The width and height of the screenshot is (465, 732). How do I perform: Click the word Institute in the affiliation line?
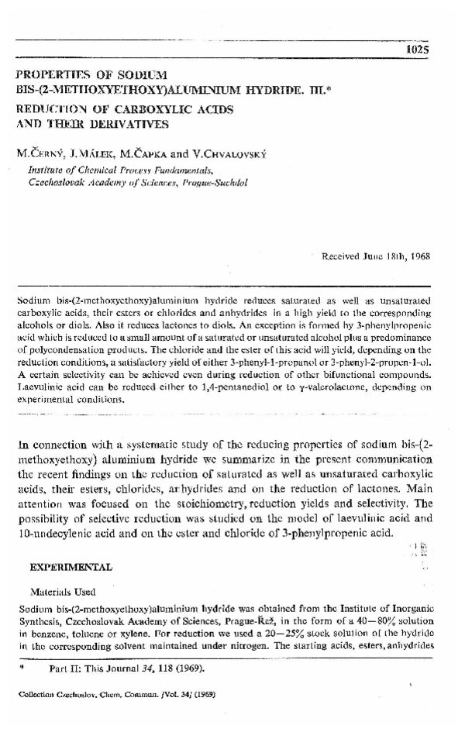49,167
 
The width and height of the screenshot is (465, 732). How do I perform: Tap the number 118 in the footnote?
164,665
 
